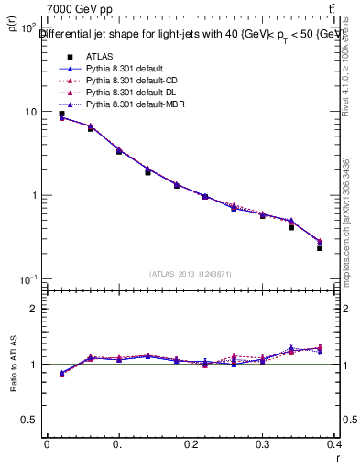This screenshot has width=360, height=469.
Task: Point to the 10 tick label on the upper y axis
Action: [x=28, y=112]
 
